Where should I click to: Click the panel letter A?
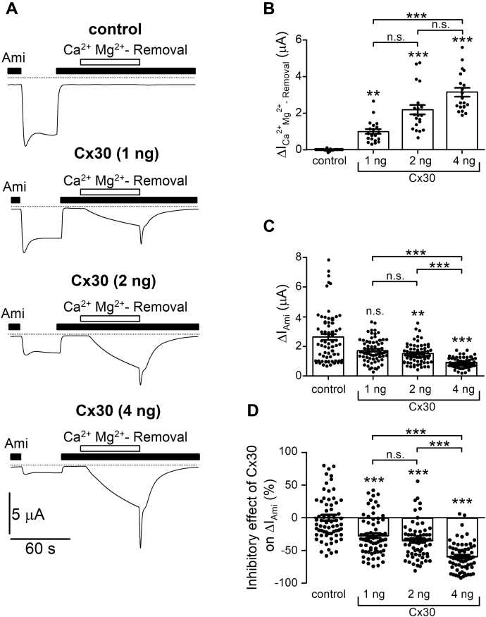click(12, 8)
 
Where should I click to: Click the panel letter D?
click(252, 411)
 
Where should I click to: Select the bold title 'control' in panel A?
click(115, 29)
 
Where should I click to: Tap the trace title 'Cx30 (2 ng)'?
click(113, 281)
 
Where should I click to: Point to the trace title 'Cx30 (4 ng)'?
click(118, 411)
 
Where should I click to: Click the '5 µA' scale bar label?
click(28, 514)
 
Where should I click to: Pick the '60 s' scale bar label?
click(40, 549)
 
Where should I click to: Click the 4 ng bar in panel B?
click(462, 121)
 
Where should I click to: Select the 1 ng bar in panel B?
click(373, 140)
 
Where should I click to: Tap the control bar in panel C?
click(328, 356)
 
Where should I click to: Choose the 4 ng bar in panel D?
click(462, 537)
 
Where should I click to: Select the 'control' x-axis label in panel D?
click(328, 594)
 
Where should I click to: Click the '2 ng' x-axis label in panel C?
click(420, 389)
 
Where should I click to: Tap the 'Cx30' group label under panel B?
click(422, 178)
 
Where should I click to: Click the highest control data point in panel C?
click(329, 259)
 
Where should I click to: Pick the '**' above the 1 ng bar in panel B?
click(373, 94)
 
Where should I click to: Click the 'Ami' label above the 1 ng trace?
click(15, 186)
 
